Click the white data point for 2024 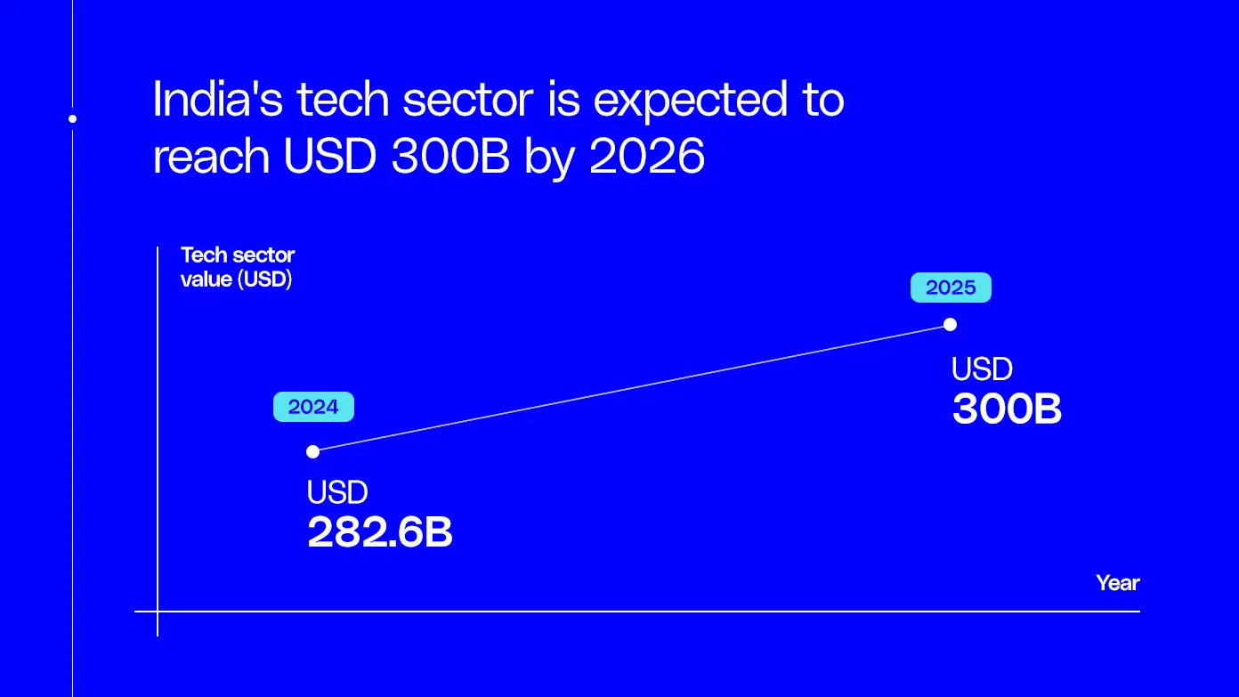point(312,451)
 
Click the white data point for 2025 point(950,324)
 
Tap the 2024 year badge point(313,407)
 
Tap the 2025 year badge point(951,288)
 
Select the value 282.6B point(380,532)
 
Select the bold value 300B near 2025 point(1007,409)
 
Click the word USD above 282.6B point(337,492)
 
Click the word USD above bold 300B point(982,369)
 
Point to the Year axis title point(1117,583)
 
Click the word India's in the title point(216,101)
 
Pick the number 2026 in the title point(647,157)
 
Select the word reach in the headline point(211,157)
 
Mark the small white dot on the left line point(73,118)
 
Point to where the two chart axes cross point(158,612)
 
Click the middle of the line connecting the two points point(631,387)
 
